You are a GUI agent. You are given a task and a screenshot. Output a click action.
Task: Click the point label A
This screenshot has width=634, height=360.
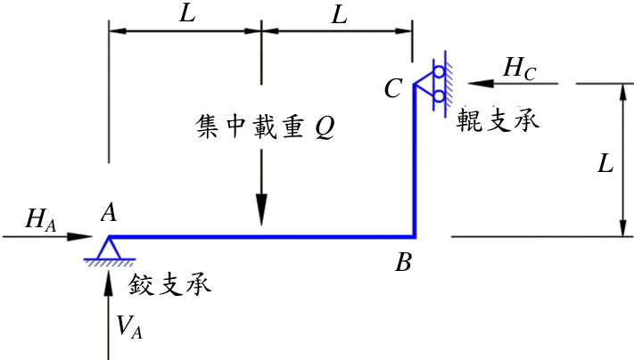(x=109, y=212)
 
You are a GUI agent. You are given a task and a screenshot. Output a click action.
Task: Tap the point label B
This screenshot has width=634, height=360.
(x=404, y=262)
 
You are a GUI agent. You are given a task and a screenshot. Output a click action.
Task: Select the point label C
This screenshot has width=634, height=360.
(x=393, y=88)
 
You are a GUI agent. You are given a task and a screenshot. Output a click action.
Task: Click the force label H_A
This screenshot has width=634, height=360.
(x=40, y=220)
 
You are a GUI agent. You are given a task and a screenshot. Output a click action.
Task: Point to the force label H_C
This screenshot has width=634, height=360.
(x=520, y=69)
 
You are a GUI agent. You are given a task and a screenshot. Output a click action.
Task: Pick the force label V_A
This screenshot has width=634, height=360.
(x=129, y=326)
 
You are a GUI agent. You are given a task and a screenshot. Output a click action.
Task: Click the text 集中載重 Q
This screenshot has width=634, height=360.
(x=265, y=127)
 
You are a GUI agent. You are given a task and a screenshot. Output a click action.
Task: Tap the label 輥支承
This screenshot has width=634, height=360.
(x=498, y=120)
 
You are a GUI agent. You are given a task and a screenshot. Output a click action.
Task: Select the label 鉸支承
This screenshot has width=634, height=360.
(x=169, y=285)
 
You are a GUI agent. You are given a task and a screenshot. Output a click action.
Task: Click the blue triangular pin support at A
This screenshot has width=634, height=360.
(x=109, y=248)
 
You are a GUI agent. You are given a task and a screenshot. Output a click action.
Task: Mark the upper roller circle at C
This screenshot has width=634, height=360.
(x=439, y=72)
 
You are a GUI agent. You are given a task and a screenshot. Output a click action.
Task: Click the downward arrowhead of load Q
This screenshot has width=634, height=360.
(x=261, y=209)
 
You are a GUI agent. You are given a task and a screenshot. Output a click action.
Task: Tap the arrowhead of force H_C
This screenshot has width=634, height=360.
(x=481, y=84)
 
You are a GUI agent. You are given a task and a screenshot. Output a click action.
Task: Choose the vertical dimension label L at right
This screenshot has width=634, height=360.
(x=605, y=165)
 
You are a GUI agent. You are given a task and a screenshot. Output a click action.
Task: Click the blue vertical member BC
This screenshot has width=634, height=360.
(x=415, y=160)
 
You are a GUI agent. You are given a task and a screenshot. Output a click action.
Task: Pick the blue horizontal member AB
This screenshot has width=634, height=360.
(x=261, y=237)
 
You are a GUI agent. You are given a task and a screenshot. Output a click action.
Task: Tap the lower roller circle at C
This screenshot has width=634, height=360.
(x=439, y=96)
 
